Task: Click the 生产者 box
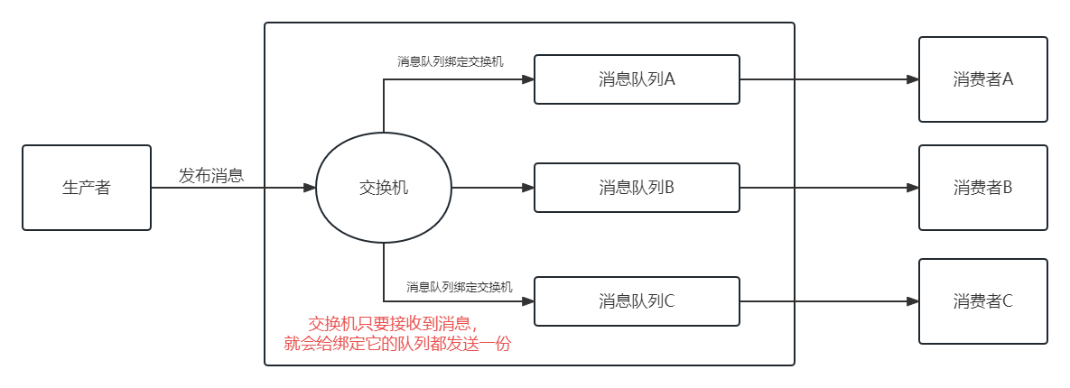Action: (86, 188)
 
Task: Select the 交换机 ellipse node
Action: (384, 188)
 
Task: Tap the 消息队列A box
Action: (637, 79)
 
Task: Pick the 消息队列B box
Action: (637, 188)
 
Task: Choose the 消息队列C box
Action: (637, 301)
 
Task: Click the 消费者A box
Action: (982, 79)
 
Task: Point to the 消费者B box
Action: (982, 188)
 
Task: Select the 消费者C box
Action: (982, 301)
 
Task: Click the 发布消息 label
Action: (211, 176)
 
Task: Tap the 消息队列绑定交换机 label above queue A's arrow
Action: (451, 61)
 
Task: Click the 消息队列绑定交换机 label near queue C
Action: (460, 287)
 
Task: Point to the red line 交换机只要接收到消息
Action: (393, 324)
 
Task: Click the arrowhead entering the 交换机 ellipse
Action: (310, 188)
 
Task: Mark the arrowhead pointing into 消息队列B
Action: (528, 188)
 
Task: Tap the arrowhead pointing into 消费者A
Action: (913, 79)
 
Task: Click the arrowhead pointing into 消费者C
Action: (913, 301)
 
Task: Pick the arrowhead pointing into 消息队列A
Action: (528, 79)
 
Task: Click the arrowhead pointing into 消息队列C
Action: (528, 301)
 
